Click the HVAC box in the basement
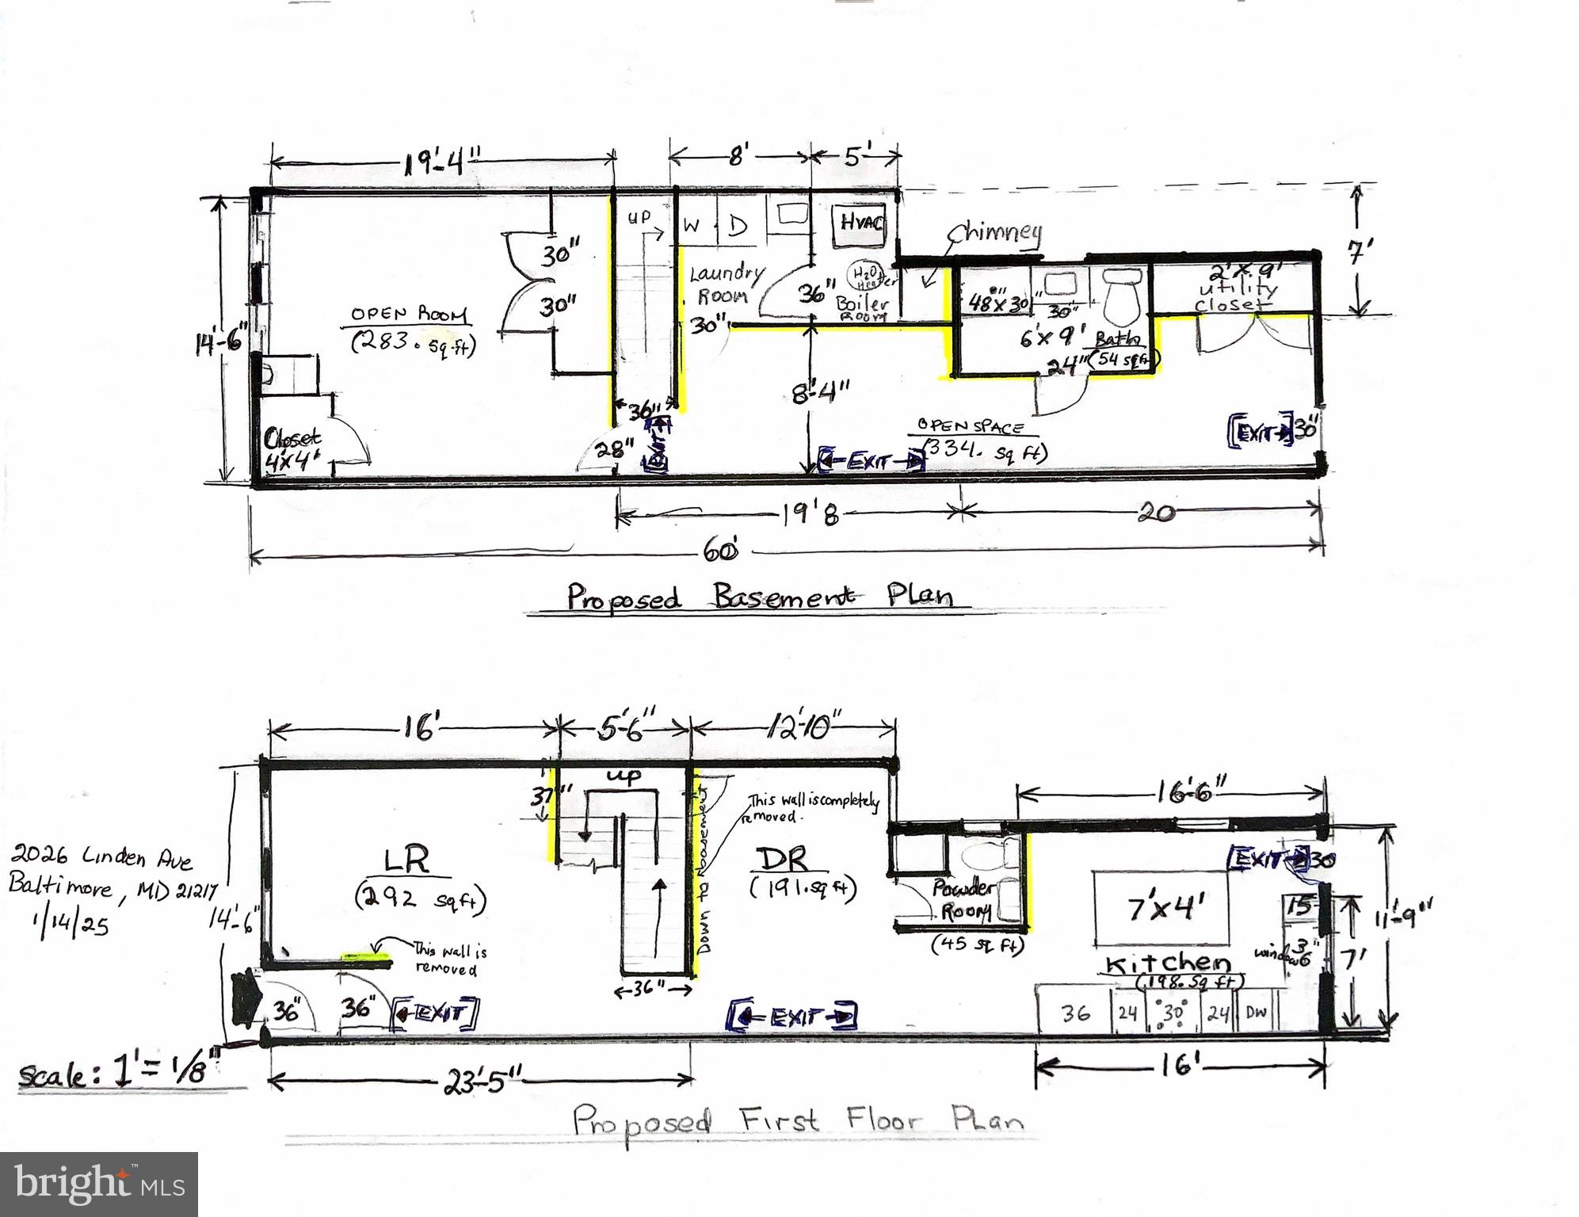(860, 223)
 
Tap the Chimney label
(995, 233)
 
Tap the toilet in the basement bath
(1120, 294)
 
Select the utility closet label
(1234, 290)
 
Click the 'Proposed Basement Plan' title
(758, 597)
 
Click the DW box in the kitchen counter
(1256, 1013)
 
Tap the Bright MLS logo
(99, 1184)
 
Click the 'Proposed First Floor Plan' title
(796, 1121)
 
